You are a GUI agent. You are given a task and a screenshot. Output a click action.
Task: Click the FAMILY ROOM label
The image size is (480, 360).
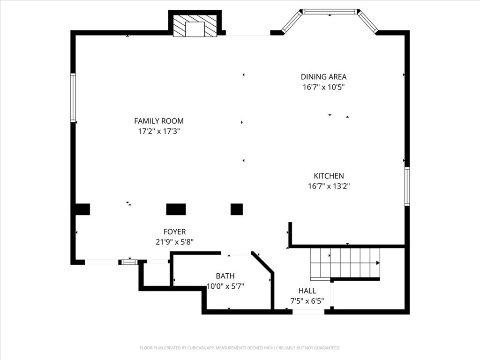159,121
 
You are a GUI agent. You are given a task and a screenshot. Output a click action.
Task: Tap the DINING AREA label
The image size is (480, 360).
323,77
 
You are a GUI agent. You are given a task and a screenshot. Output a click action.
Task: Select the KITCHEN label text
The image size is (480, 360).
329,176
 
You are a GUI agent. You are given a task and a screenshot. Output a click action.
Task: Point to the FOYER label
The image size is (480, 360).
174,232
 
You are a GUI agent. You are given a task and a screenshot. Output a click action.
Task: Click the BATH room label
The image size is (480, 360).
225,276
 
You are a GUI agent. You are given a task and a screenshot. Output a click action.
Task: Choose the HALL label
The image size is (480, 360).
307,291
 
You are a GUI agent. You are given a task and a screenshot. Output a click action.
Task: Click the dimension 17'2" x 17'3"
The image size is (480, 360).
159,131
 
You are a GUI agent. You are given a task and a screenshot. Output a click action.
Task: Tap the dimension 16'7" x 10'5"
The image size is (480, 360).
323,87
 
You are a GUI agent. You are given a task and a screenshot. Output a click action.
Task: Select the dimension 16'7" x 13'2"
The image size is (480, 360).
329,186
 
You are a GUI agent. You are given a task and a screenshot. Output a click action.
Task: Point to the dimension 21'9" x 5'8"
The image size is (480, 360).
174,242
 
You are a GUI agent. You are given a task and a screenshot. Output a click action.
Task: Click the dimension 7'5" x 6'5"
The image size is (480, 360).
307,301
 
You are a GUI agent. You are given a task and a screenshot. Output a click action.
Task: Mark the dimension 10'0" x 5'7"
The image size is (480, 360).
225,286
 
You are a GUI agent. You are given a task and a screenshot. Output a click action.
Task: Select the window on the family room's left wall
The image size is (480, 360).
73,98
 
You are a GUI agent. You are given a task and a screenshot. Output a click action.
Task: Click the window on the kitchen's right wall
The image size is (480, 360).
407,186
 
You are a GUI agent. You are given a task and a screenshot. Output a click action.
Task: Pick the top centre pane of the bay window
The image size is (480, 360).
330,12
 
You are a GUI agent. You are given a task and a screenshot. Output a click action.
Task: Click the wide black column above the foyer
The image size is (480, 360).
176,210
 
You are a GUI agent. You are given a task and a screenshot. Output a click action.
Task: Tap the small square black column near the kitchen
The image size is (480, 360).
237,210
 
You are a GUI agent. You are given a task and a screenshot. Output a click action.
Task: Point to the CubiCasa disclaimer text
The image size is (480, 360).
240,348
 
